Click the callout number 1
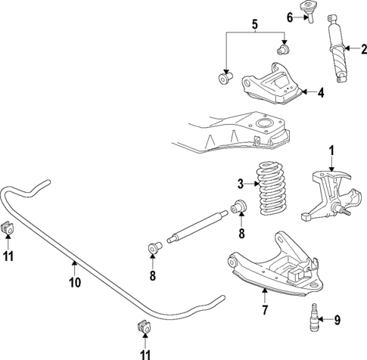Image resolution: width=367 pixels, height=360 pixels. [x=331, y=150]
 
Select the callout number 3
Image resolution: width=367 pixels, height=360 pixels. [x=241, y=184]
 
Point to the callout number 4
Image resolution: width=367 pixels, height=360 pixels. [x=321, y=93]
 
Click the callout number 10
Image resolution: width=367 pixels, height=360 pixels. [x=74, y=284]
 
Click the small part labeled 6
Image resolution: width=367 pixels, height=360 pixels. [x=309, y=12]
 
